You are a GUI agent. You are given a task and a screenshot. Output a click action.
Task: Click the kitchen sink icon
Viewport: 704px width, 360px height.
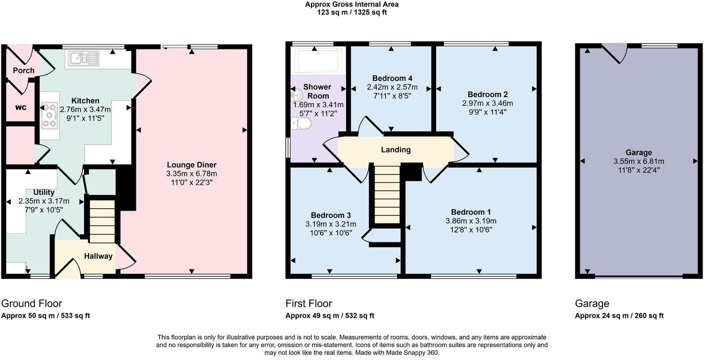tap(85, 58)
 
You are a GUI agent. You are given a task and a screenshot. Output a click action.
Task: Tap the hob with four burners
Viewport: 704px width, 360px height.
tap(50, 115)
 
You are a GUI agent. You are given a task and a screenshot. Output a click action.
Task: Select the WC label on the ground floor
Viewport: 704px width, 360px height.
tap(20, 107)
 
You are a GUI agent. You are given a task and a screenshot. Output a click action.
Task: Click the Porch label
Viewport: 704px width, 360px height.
tap(23, 70)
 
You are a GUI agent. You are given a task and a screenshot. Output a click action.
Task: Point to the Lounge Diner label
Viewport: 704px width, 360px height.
tap(191, 165)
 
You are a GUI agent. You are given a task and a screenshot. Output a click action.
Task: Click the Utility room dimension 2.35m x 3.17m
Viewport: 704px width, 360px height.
tap(44, 201)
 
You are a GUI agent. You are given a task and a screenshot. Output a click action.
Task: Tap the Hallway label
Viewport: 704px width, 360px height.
tap(98, 256)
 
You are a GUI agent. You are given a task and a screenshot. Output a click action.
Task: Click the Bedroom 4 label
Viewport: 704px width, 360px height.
tap(392, 78)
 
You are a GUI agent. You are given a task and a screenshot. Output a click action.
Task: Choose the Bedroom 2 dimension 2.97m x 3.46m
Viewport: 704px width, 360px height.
tap(487, 103)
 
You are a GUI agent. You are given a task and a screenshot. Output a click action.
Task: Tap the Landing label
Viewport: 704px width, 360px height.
tap(396, 150)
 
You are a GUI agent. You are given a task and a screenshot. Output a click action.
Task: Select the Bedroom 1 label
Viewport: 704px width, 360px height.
tap(471, 212)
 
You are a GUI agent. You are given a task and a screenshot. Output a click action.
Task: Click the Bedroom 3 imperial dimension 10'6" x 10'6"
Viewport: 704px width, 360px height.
tap(331, 233)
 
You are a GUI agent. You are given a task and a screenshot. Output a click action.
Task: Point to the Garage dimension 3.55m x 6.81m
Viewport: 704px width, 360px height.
tap(638, 161)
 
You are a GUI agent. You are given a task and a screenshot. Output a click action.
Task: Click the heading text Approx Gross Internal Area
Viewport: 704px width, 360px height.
tap(352, 4)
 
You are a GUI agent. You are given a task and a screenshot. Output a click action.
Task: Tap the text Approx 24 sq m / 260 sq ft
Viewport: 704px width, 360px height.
tap(619, 315)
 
